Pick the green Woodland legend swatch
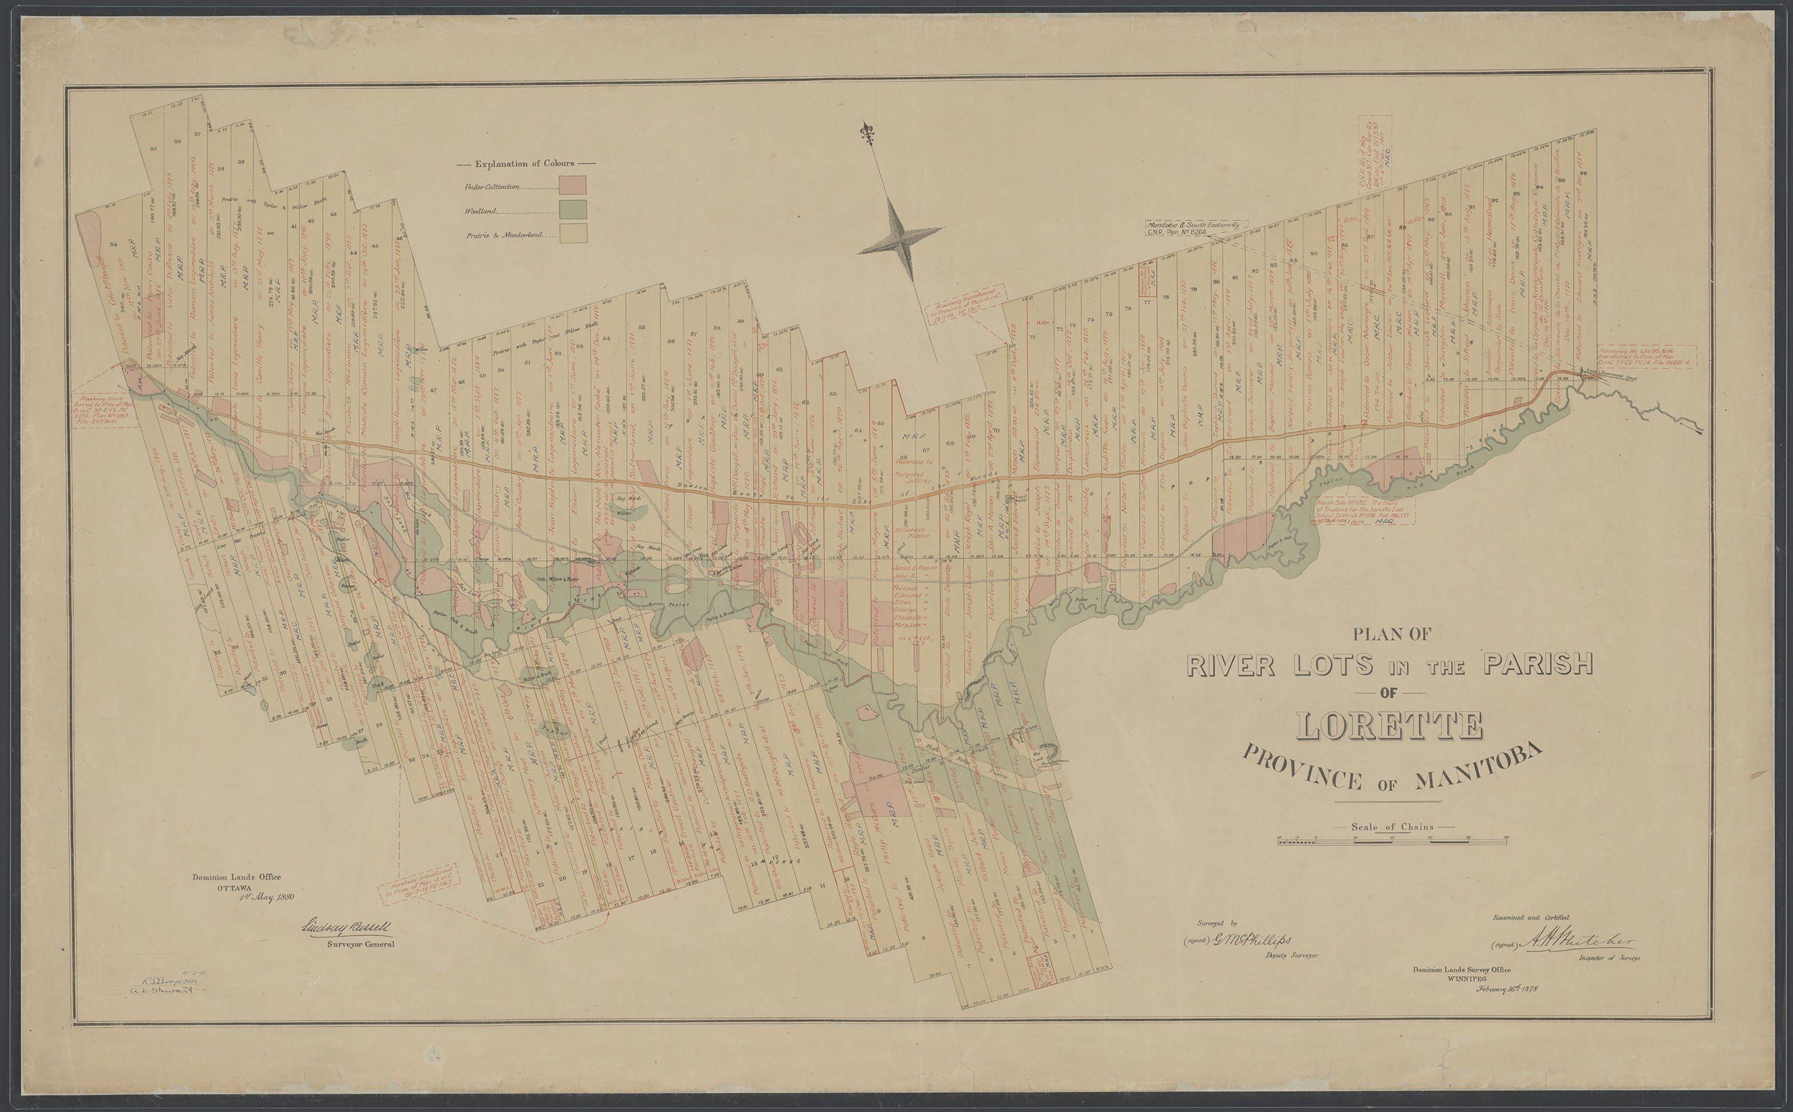573,209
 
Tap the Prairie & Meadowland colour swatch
573,233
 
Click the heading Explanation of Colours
525,163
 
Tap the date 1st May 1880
267,897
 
